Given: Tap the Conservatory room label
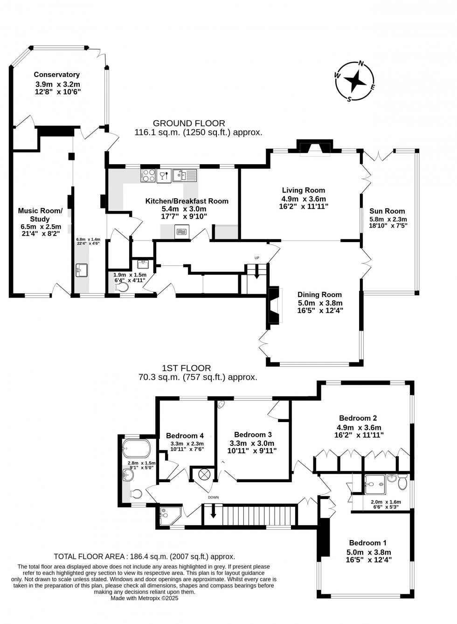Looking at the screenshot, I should click(56, 75).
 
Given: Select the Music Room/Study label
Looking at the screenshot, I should click(40, 215).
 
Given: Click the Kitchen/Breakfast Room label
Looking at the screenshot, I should click(187, 201).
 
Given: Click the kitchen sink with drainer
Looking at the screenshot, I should click(185, 175).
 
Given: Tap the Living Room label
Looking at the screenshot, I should click(303, 190).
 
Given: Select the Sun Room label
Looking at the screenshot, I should click(387, 211).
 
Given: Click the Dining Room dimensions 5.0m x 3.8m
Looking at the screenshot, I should click(319, 302).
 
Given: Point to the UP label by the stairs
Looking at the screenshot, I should click(256, 258).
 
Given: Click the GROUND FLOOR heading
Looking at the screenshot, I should click(189, 123).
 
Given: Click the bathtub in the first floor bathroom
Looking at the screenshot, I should click(136, 448).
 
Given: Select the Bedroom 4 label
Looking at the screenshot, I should click(185, 436).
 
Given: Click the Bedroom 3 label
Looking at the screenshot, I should click(253, 434).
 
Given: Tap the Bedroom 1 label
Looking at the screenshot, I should click(367, 542).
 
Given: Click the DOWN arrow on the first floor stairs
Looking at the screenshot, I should click(214, 512).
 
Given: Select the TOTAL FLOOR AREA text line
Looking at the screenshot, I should click(145, 556).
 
